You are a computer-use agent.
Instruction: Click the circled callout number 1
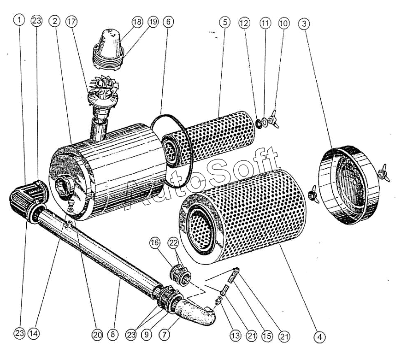[x=19, y=20]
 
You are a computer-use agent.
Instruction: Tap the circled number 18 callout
[x=137, y=21]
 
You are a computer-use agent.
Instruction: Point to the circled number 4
[x=319, y=337]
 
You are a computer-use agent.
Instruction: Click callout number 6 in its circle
[x=169, y=21]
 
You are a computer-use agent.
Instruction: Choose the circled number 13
[x=236, y=336]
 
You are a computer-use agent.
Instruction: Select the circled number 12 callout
[x=244, y=22]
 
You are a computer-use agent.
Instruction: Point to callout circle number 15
[x=268, y=336]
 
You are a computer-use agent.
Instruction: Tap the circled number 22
[x=173, y=243]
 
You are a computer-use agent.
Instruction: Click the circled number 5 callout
[x=224, y=21]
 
